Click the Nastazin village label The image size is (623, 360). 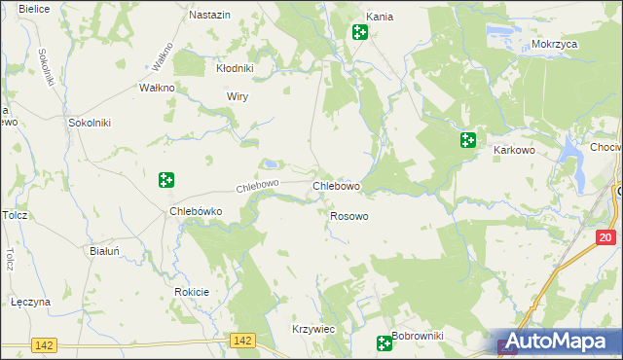[209, 16]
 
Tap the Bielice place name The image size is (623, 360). [34, 8]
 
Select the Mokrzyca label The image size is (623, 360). [556, 45]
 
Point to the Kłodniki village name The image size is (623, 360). [235, 68]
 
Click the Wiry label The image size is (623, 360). [238, 97]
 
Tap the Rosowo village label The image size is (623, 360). [349, 216]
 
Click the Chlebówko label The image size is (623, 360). [197, 210]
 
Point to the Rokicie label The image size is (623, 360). [192, 292]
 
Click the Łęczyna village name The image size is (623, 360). [29, 302]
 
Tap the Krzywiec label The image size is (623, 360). [313, 330]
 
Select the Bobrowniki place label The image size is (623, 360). [418, 337]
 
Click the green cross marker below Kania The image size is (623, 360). [359, 32]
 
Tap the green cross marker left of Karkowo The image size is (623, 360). [468, 140]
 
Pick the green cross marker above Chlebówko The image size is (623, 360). [166, 179]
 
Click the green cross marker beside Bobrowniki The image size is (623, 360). [385, 342]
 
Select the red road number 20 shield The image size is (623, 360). [605, 237]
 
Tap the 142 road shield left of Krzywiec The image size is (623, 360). [243, 341]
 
